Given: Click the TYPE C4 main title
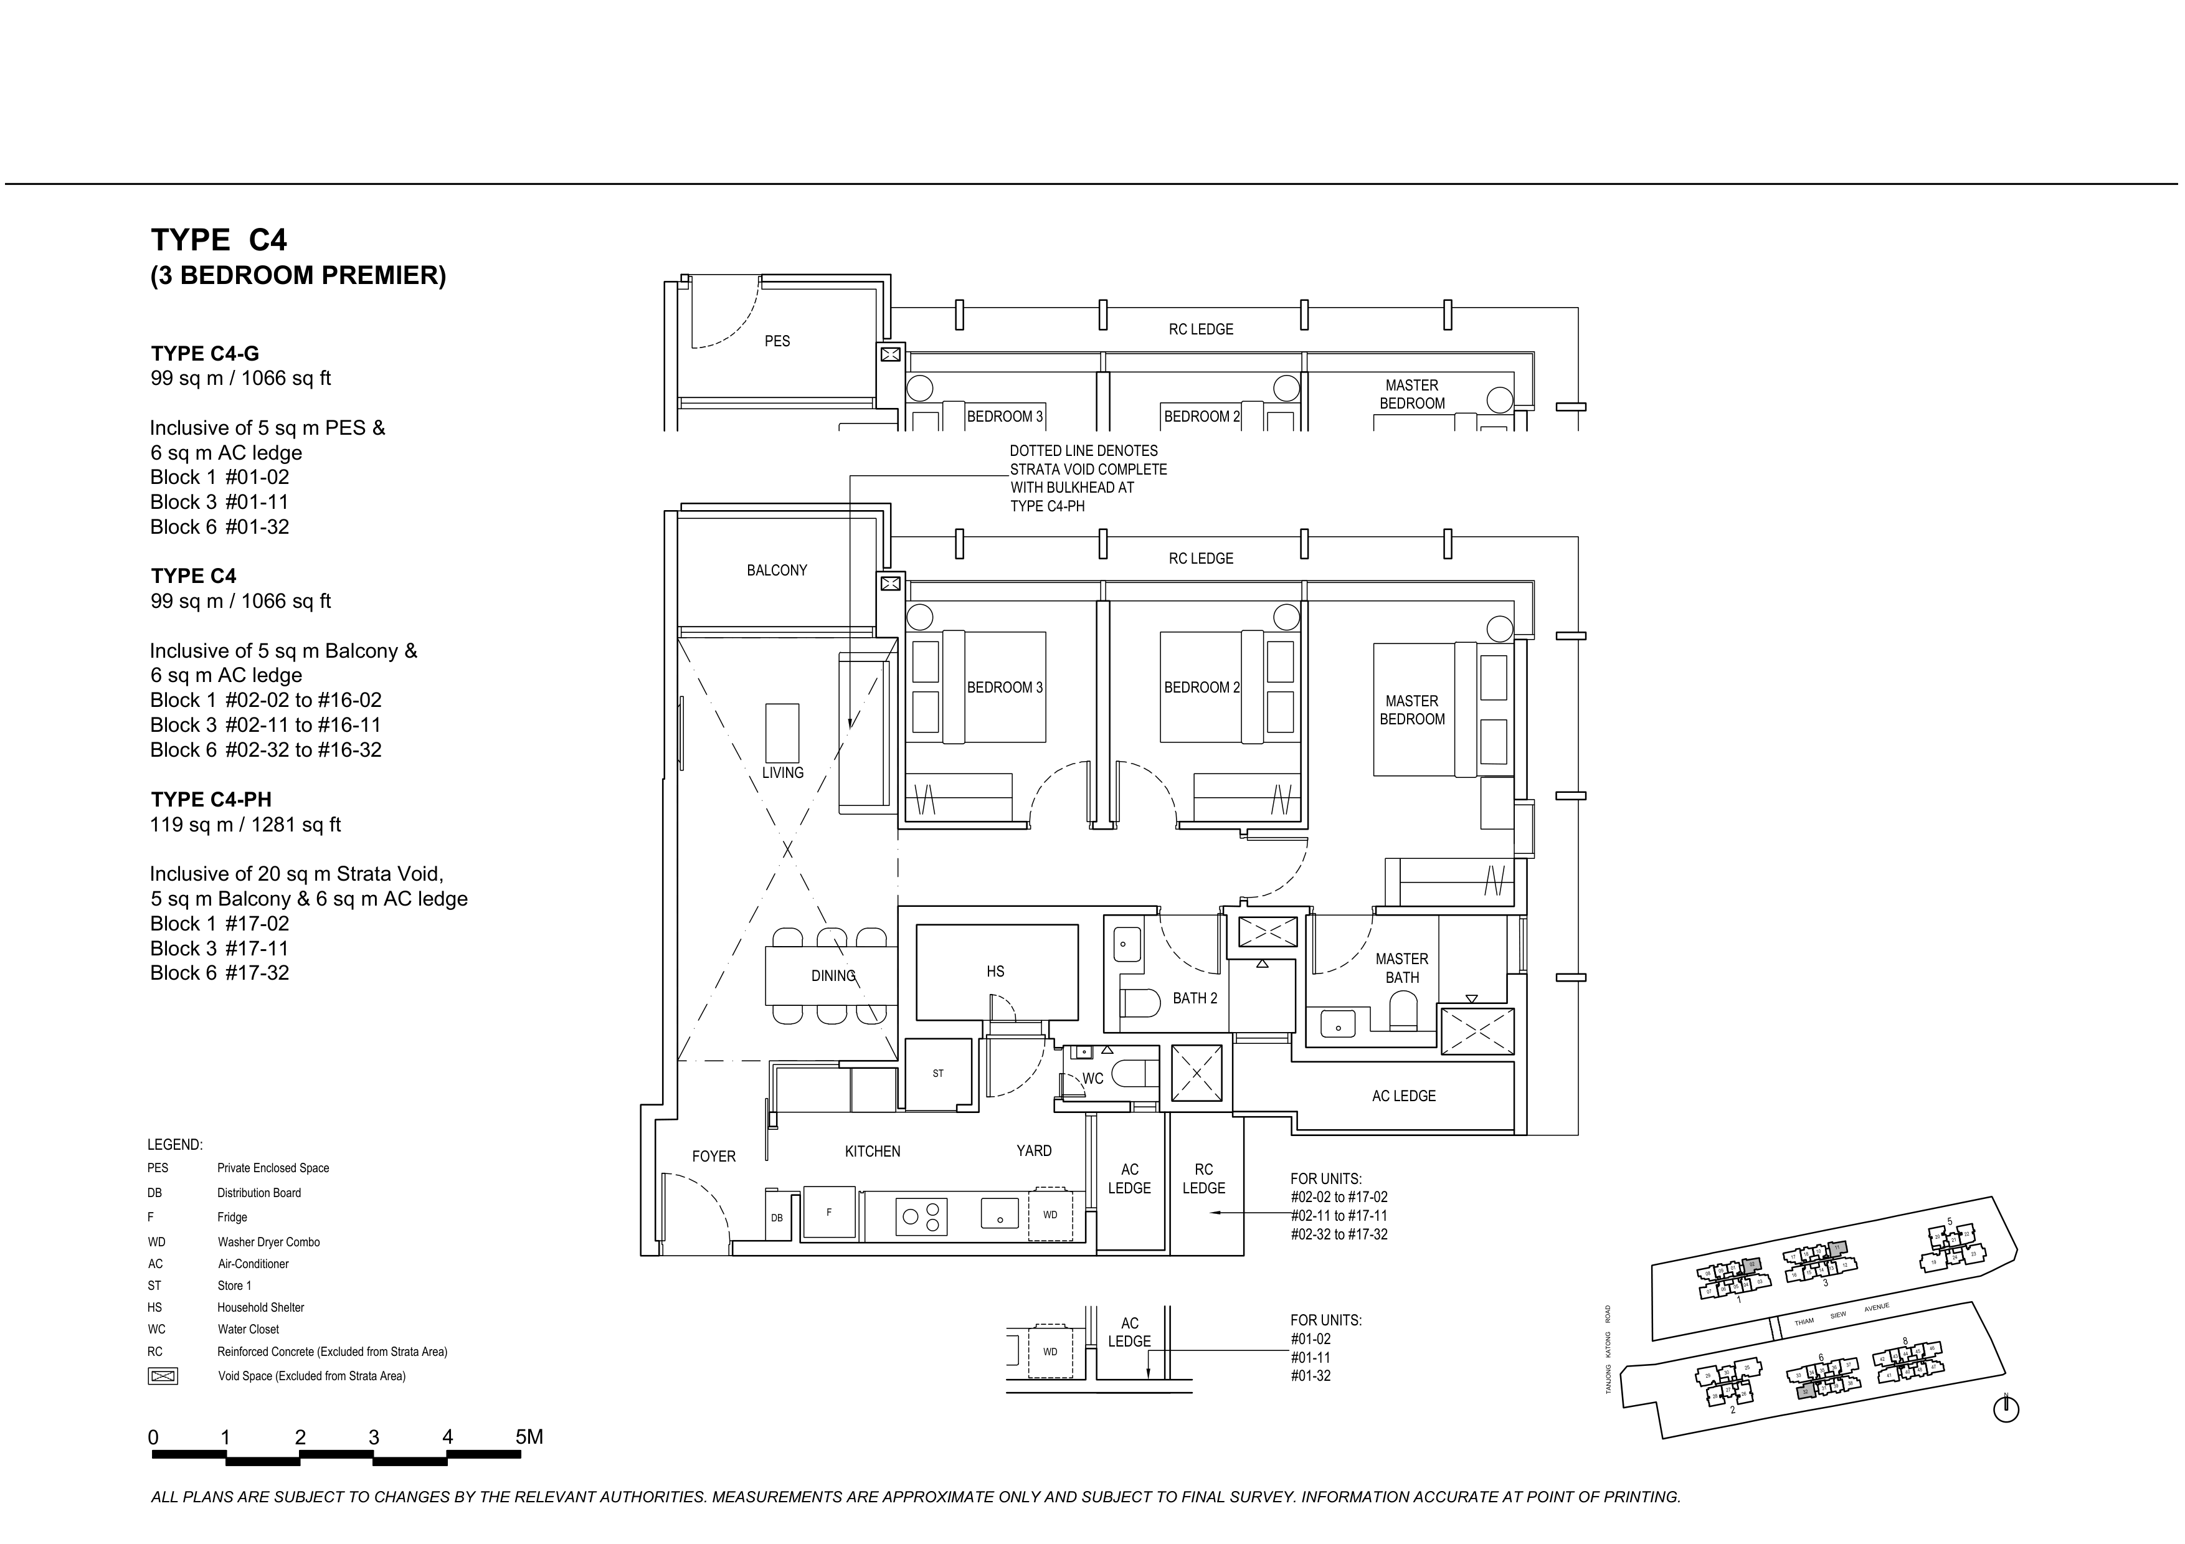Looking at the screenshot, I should click(219, 240).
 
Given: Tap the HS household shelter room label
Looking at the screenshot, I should click(995, 971).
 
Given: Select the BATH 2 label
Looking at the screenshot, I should click(1194, 998).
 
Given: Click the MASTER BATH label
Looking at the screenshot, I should click(1402, 967).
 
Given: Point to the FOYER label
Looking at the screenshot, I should click(714, 1156).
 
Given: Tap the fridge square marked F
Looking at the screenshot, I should click(829, 1213).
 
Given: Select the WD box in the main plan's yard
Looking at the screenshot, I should click(1051, 1215).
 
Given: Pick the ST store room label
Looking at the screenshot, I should click(938, 1074).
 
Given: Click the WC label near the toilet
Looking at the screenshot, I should click(1092, 1079).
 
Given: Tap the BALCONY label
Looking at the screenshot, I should click(777, 570).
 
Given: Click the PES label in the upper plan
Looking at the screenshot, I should click(777, 341).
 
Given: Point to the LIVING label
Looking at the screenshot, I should click(782, 772).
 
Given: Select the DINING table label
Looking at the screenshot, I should click(833, 976).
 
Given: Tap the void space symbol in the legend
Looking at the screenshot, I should click(163, 1376).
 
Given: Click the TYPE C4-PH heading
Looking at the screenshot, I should click(211, 800).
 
